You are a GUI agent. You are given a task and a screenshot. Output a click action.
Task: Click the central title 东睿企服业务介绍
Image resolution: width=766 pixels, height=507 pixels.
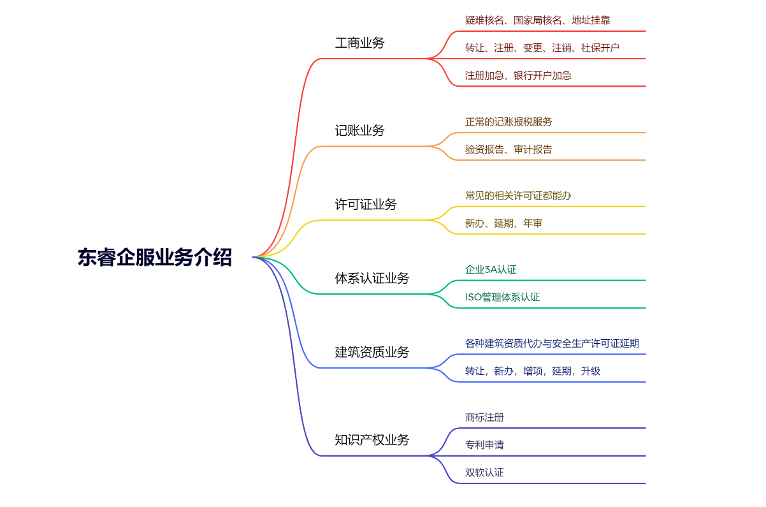point(155,257)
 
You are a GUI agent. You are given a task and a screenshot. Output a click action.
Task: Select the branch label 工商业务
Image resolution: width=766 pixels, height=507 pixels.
point(360,43)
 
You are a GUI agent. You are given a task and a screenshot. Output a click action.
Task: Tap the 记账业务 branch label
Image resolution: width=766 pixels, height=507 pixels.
point(360,131)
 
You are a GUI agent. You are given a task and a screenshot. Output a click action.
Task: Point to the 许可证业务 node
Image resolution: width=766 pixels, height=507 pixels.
point(366,205)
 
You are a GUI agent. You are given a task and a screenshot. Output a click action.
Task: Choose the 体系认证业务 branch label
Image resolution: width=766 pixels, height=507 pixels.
point(372,279)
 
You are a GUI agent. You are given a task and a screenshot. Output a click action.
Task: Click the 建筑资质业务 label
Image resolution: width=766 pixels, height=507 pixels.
point(372,353)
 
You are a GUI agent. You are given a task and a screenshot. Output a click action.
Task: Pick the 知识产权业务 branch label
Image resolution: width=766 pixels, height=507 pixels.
point(372,440)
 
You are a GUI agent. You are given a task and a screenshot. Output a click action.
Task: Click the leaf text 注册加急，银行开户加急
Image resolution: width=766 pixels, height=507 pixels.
point(518,75)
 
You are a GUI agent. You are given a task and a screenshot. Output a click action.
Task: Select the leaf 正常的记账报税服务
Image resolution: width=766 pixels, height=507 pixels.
point(509,122)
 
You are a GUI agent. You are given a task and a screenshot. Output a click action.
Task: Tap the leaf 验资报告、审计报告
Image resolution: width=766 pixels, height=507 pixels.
point(509,149)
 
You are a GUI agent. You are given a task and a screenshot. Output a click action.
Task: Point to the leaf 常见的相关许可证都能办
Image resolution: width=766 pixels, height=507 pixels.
point(518,196)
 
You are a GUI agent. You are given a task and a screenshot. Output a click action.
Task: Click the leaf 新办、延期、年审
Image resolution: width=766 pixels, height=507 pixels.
point(503,223)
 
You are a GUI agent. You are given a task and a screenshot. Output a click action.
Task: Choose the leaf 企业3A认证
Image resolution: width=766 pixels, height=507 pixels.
point(491,270)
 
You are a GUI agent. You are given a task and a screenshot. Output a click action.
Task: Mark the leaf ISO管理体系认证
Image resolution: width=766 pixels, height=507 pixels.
point(503,297)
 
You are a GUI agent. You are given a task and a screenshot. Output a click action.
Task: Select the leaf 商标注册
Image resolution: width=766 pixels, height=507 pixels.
point(484,417)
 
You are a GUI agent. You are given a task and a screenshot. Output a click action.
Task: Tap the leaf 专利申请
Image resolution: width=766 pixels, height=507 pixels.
point(484,445)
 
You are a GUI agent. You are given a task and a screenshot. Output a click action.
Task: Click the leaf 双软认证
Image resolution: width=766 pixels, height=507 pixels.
point(484,473)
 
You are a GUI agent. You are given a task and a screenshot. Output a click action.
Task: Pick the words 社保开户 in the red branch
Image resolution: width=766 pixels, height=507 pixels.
point(600,48)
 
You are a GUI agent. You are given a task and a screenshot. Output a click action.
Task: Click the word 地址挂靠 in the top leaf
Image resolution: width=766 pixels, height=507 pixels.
point(591,20)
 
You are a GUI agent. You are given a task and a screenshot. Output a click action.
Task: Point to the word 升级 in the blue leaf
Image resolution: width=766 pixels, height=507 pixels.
point(591,371)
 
